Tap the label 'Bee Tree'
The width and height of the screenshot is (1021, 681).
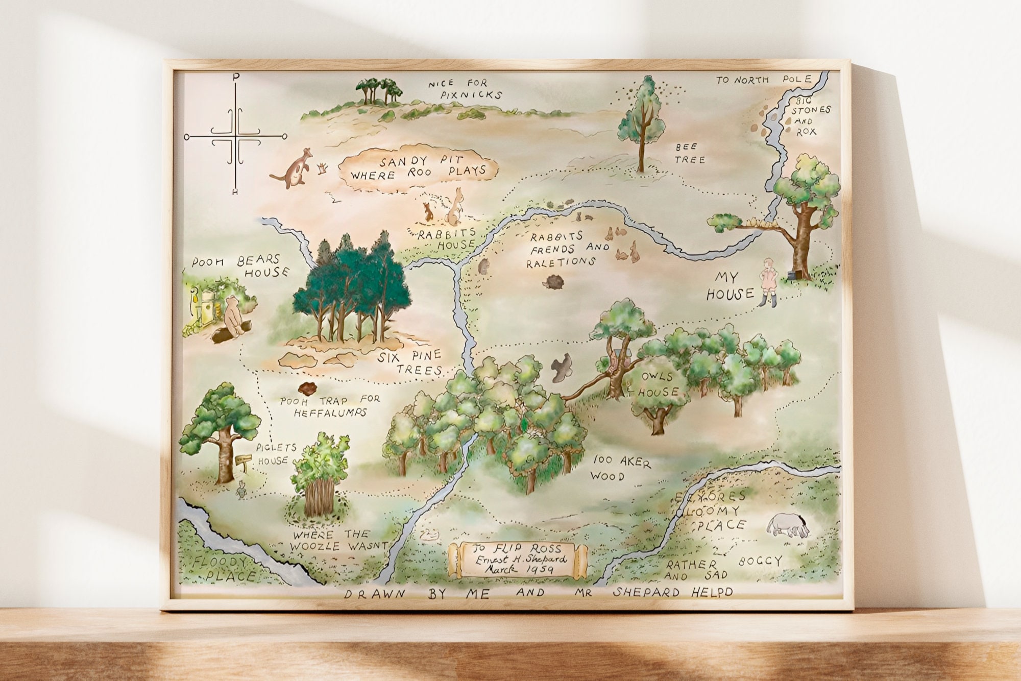690,154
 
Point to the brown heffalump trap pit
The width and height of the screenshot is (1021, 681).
308,390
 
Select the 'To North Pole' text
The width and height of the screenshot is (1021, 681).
763,80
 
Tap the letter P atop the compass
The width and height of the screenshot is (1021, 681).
235,77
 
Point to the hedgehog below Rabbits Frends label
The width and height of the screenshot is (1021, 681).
552,282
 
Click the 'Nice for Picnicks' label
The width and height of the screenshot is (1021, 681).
465,89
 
